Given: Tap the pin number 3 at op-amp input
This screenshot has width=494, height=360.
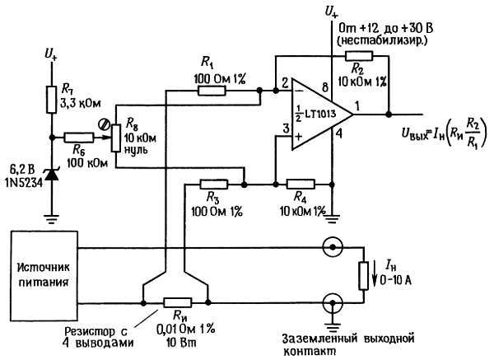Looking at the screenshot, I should click(x=285, y=129).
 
